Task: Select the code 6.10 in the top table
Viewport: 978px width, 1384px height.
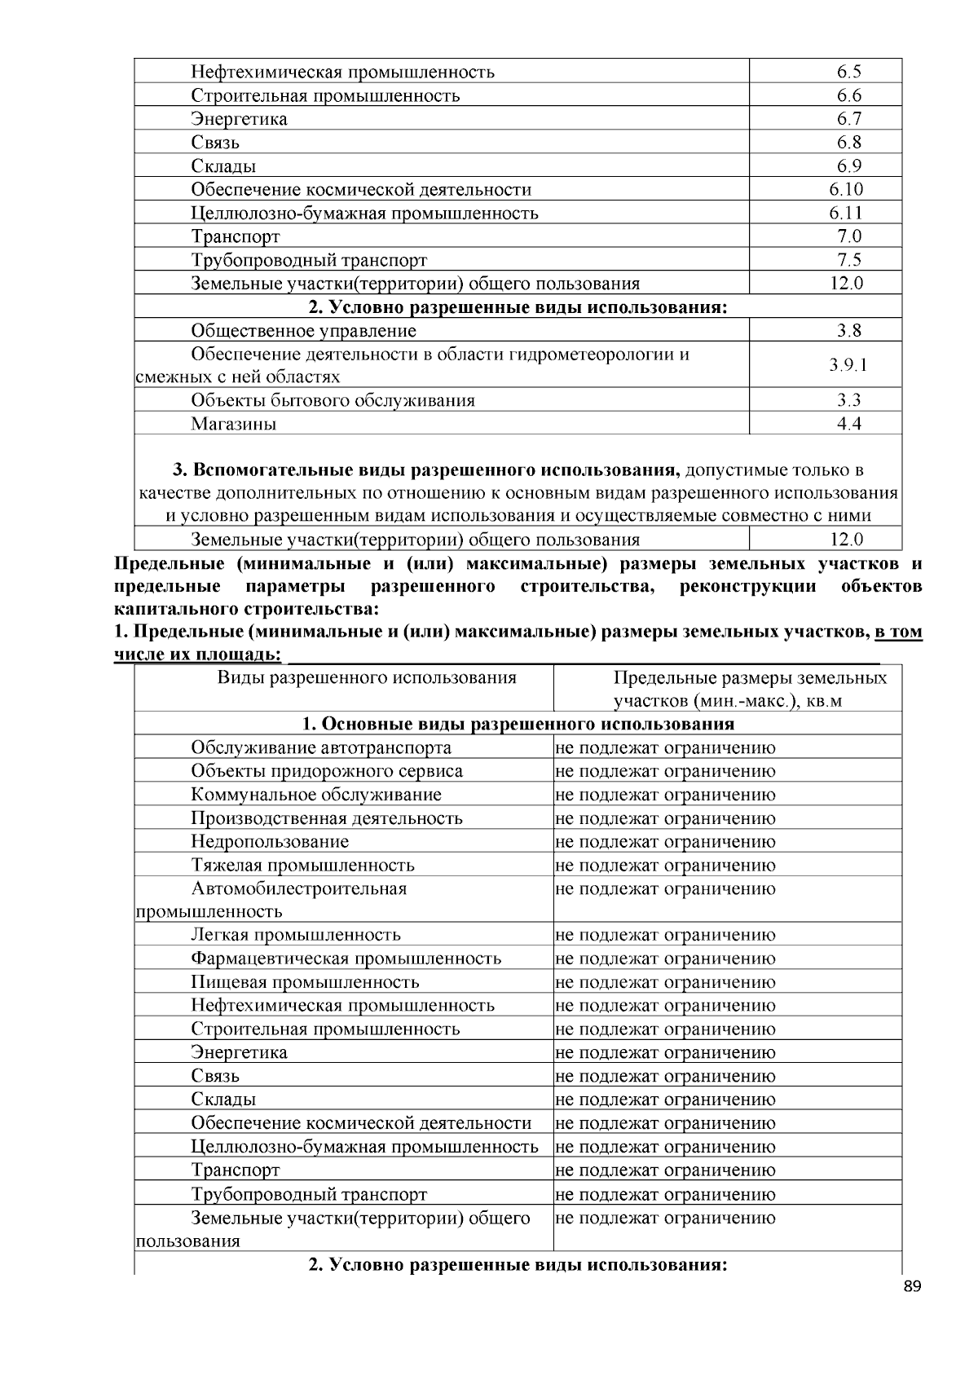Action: point(846,190)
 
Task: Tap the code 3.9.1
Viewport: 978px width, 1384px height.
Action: point(848,365)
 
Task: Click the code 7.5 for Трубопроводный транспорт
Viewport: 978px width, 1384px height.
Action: point(848,260)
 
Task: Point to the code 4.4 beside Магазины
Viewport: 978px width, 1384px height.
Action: point(848,424)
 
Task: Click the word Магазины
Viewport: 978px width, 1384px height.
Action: point(234,424)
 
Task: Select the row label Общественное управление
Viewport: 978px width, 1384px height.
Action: point(303,331)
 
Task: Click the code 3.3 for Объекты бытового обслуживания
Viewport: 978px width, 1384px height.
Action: point(848,400)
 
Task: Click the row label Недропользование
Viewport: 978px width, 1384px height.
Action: point(270,841)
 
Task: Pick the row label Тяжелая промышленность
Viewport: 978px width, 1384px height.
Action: point(302,865)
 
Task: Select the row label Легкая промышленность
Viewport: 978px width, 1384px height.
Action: point(296,935)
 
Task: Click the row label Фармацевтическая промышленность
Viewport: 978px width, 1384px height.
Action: point(346,959)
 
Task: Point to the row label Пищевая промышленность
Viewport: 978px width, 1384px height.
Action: point(305,982)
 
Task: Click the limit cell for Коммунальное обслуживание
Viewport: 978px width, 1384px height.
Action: point(665,795)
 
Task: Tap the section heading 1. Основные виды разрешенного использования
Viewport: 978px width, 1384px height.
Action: point(518,724)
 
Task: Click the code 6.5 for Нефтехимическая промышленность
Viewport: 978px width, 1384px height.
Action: point(848,72)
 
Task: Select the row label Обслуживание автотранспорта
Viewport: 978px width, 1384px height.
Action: point(321,747)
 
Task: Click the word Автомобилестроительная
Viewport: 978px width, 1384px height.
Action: point(298,888)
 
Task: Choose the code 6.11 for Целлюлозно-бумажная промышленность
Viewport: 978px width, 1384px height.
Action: point(846,214)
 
